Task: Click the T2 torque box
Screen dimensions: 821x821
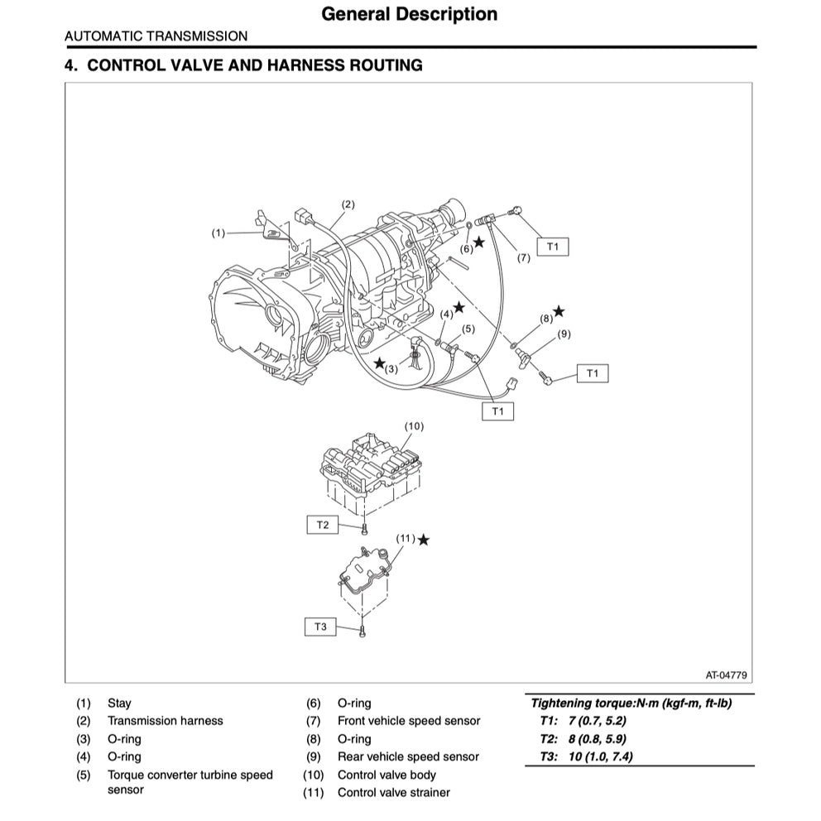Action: (x=323, y=525)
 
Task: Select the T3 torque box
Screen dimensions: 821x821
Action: (x=320, y=627)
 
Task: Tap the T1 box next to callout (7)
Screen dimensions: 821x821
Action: (x=553, y=247)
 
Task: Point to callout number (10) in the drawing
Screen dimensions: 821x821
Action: (x=414, y=426)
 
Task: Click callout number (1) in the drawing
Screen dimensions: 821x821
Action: (x=218, y=233)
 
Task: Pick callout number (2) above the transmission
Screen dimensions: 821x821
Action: (x=348, y=204)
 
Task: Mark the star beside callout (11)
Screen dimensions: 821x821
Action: (x=424, y=540)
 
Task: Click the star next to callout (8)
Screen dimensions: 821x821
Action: (x=559, y=311)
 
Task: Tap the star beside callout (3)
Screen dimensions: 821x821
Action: (x=379, y=363)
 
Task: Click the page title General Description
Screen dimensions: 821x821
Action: (x=409, y=14)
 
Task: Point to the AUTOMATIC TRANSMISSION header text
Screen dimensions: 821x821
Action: (x=156, y=36)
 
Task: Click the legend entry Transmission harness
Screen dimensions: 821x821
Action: (x=165, y=721)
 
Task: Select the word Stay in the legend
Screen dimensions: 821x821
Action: (x=119, y=703)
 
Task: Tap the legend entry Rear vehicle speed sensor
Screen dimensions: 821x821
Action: (x=408, y=756)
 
